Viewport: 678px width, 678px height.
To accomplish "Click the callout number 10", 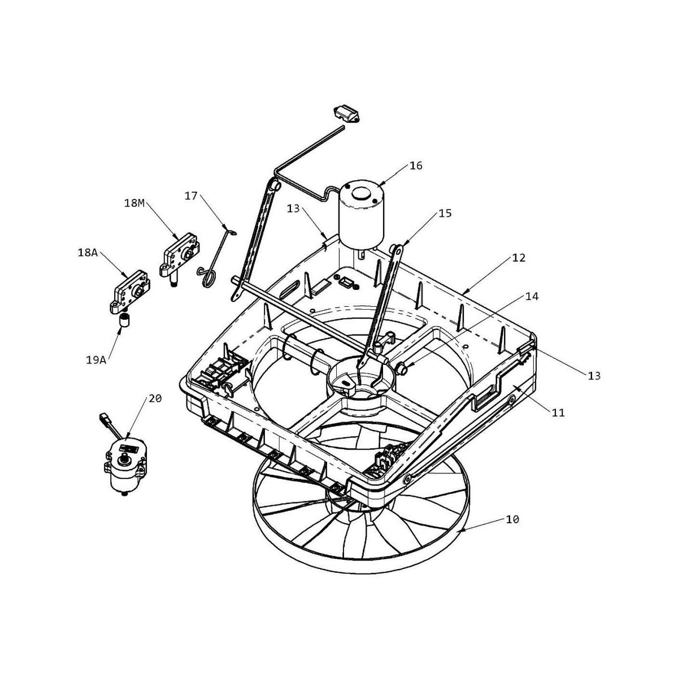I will tap(512, 519).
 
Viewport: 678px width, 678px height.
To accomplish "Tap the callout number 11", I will tap(558, 412).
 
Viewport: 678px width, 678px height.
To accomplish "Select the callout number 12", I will tap(519, 258).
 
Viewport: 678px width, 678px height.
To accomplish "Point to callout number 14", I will tap(532, 296).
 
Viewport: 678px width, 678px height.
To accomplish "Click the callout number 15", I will tap(445, 213).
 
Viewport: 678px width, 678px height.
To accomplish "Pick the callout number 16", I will tap(416, 166).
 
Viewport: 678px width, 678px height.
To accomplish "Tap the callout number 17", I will tap(191, 195).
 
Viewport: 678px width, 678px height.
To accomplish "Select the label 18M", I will tap(134, 202).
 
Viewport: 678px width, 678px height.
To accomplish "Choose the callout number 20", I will tap(155, 398).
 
